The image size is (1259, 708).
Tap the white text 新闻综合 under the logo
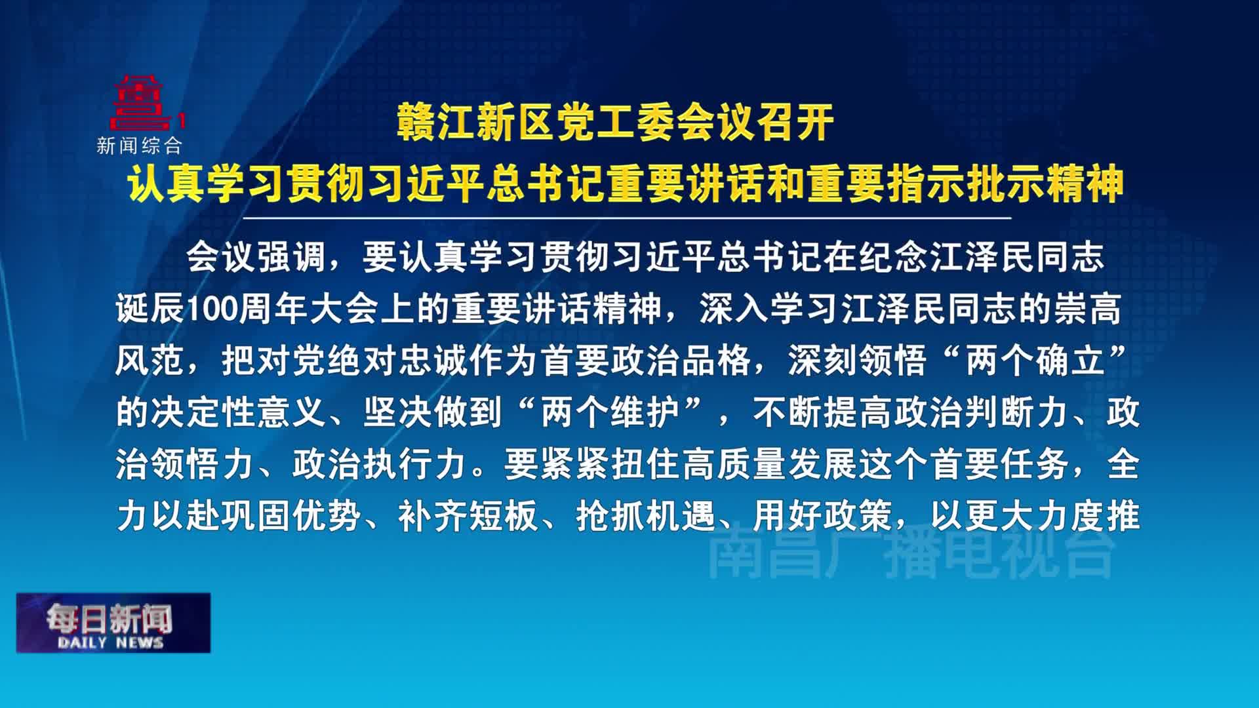[139, 146]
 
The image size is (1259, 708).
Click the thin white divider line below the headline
[627, 218]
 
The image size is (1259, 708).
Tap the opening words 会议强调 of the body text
[256, 258]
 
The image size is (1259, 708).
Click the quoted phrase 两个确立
[1036, 361]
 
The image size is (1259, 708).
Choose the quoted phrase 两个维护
[610, 413]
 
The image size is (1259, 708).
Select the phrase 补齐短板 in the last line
[468, 517]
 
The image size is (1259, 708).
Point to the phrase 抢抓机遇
[645, 517]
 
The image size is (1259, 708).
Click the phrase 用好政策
[822, 517]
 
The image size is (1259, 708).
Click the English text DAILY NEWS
[110, 642]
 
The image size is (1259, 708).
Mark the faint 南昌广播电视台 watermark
[911, 555]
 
